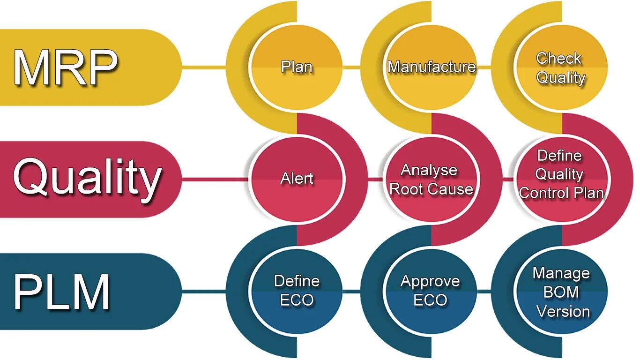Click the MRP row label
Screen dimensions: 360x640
(x=66, y=67)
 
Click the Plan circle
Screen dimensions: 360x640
(x=297, y=67)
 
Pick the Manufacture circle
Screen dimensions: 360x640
(x=432, y=67)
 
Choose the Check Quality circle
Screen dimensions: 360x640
(x=561, y=67)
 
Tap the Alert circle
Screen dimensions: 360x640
(x=297, y=179)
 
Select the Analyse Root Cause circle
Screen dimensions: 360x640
(x=431, y=179)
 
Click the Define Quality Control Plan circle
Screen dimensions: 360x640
(x=561, y=174)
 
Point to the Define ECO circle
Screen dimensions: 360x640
(x=297, y=291)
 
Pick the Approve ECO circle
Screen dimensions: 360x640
(x=431, y=291)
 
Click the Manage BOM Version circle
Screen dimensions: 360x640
(x=561, y=292)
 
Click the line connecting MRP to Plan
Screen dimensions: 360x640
(x=204, y=67)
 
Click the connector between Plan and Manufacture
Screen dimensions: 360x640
(x=351, y=67)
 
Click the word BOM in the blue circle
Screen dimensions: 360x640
(x=561, y=292)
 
